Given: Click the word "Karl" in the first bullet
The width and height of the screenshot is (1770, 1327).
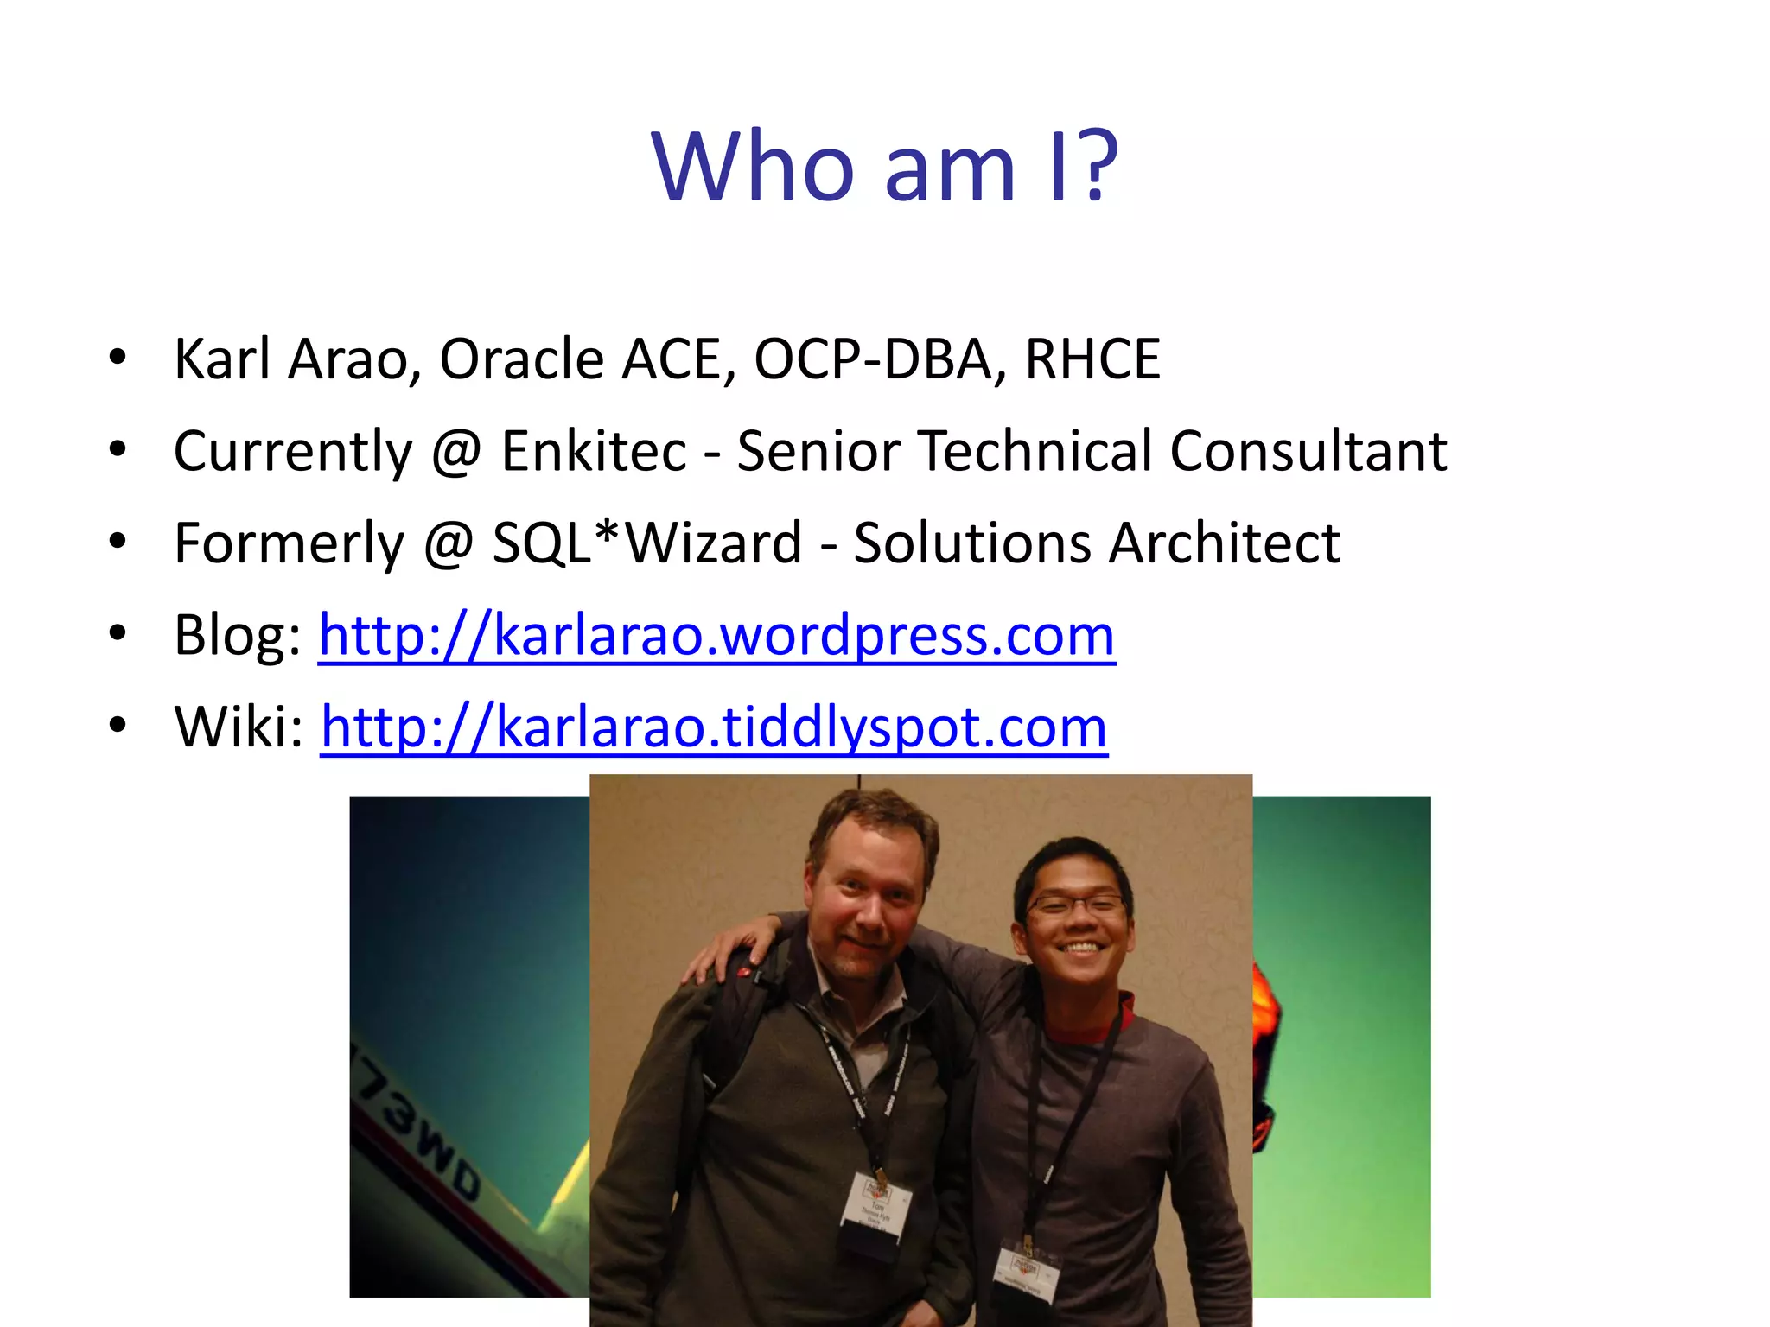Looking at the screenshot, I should click(222, 359).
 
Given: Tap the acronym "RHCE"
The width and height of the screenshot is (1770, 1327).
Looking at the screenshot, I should click(1092, 359).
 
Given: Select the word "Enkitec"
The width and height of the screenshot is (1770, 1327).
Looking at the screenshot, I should click(594, 451).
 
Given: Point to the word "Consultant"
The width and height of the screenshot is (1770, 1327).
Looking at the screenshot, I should click(1308, 451).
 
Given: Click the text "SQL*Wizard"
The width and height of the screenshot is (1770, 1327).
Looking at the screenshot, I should click(647, 543).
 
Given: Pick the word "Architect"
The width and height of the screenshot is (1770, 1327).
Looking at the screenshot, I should click(1225, 543).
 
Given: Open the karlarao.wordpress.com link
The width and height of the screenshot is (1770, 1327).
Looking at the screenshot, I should click(716, 636).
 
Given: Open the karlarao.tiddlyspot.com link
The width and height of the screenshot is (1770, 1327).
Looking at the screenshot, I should click(714, 727).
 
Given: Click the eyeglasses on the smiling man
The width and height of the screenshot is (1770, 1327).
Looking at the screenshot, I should click(1075, 905).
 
